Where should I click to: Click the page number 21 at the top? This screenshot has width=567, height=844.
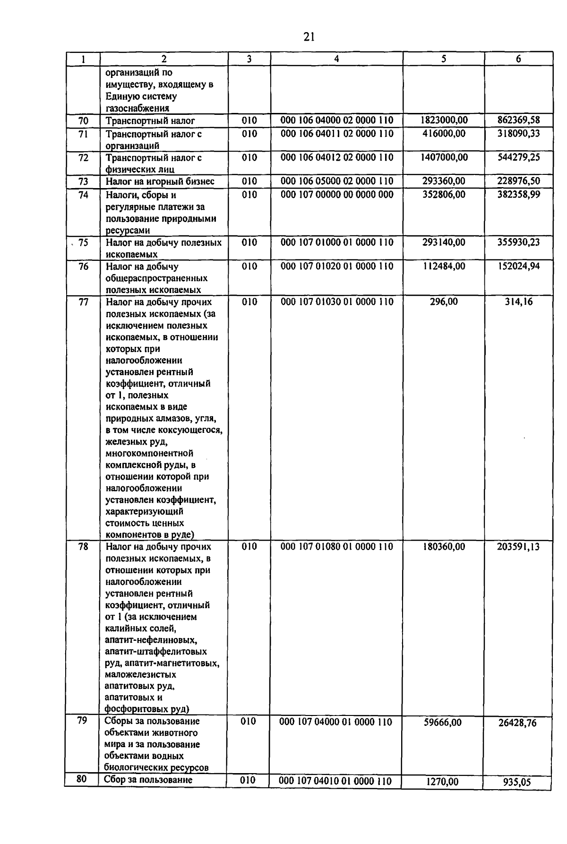309,36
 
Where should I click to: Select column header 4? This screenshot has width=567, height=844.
336,59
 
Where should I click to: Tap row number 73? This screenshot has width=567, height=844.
83,181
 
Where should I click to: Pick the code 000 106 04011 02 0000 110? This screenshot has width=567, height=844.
336,134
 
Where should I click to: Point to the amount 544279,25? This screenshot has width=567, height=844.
518,157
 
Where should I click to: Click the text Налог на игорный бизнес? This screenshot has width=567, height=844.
160,181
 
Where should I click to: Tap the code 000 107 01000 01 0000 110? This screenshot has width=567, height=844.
336,242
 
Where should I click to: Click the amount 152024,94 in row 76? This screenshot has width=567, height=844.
518,266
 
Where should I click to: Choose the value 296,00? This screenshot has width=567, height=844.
444,301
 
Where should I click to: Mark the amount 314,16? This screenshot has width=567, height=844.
518,301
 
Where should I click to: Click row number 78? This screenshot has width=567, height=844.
83,547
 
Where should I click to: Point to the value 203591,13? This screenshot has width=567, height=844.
518,547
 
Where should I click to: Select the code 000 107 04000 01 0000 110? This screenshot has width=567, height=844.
335,722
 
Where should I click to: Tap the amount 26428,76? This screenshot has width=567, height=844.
517,723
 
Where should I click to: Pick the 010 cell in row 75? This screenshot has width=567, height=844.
249,242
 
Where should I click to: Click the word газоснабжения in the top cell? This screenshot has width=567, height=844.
137,108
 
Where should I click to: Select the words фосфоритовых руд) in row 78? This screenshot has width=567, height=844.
146,709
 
